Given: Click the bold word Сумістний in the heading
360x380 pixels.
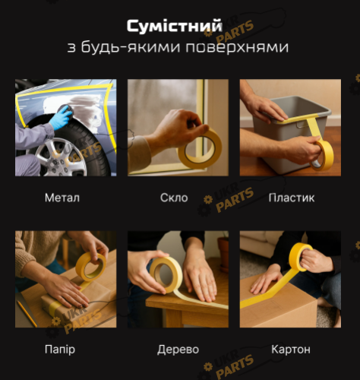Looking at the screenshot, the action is pyautogui.click(x=175, y=27).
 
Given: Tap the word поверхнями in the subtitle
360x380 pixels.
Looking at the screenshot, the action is pyautogui.click(x=237, y=47).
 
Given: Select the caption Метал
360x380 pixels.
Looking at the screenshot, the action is pyautogui.click(x=62, y=198).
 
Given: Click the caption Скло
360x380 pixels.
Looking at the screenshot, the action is pyautogui.click(x=174, y=198).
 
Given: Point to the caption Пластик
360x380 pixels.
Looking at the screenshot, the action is pyautogui.click(x=292, y=198).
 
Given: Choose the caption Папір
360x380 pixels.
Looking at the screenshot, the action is pyautogui.click(x=60, y=350).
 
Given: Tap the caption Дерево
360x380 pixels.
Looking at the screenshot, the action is pyautogui.click(x=178, y=350).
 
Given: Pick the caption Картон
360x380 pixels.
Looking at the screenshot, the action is pyautogui.click(x=291, y=350).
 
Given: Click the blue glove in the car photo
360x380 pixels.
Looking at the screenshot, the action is pyautogui.click(x=61, y=118).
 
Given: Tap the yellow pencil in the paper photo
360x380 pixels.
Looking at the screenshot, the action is pyautogui.click(x=27, y=313).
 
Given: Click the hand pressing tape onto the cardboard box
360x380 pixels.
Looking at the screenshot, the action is pyautogui.click(x=265, y=280).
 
